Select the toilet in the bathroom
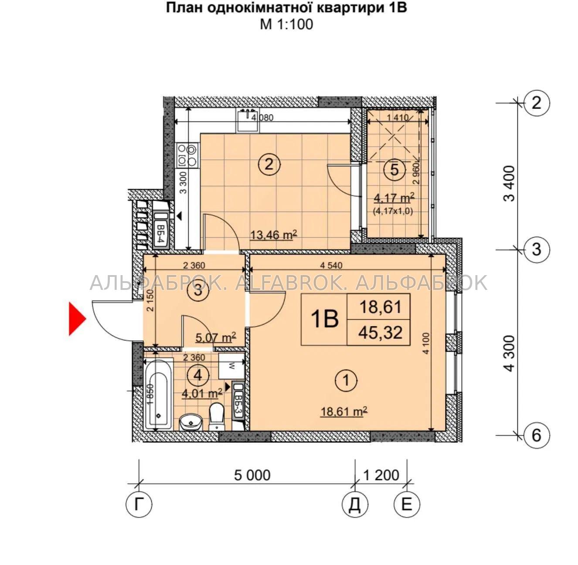pos(216,417)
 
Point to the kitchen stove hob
pos(187,155)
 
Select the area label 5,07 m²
pos(215,338)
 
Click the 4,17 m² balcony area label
pos(394,198)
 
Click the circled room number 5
pos(394,170)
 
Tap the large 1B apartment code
pos(325,319)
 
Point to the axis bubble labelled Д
pos(355,504)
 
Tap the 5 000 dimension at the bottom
pos(252,475)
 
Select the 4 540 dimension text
pos(331,265)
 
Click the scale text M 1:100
pos(286,24)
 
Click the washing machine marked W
pos(231,366)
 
